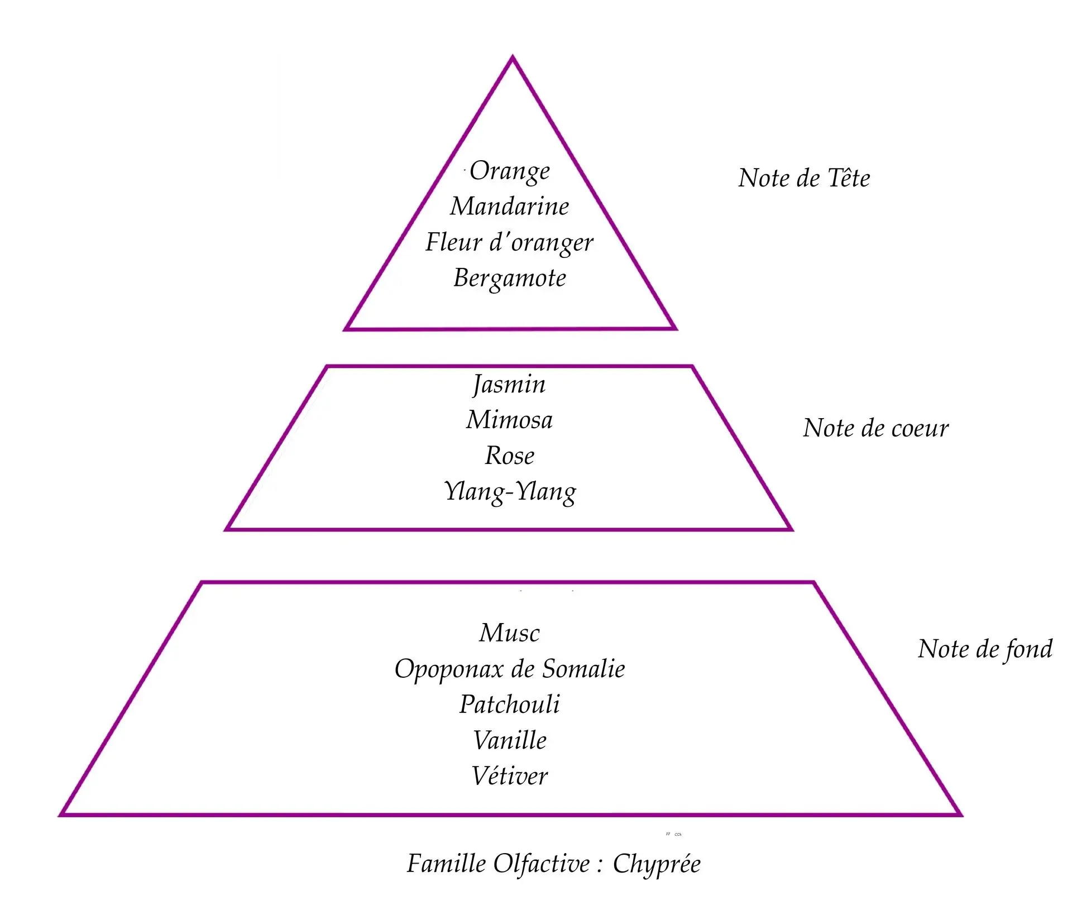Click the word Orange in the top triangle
coord(509,171)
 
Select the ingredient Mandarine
coord(509,207)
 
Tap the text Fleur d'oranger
coord(509,243)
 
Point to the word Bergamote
coord(509,278)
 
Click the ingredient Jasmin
coord(509,385)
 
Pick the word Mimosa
coord(509,420)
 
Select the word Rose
coord(509,456)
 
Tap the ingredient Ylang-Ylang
coord(509,492)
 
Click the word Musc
coord(509,633)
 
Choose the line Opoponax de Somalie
coord(509,669)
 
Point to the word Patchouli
coord(509,705)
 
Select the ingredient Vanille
coord(509,741)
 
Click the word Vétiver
coord(509,776)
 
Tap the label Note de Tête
coord(804,179)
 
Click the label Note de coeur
coord(875,428)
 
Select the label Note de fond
coord(985,649)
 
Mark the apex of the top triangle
coord(513,58)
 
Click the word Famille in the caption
coord(446,864)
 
